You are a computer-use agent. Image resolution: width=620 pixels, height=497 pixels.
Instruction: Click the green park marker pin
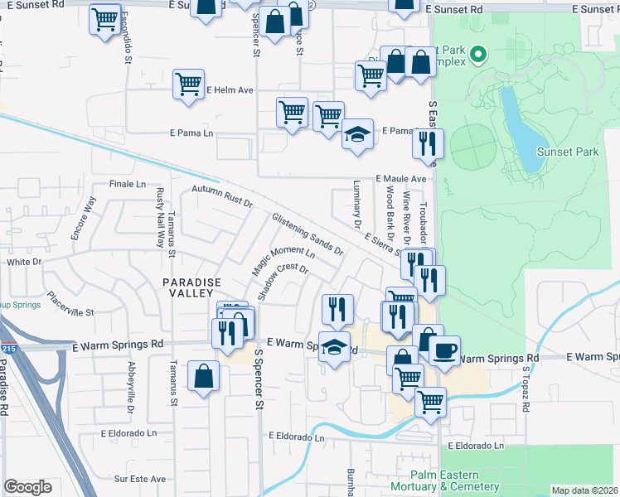click(477, 56)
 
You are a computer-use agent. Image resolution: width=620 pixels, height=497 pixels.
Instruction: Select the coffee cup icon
click(443, 351)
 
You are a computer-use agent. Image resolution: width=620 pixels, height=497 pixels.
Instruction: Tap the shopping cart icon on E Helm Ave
click(189, 84)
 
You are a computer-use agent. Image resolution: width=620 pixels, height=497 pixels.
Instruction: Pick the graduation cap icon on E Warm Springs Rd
click(335, 348)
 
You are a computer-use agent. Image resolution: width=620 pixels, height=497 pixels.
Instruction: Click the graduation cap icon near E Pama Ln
click(356, 134)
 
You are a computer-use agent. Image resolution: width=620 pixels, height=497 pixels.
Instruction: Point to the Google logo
click(28, 487)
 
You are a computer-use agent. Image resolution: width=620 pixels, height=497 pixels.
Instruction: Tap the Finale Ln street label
click(127, 184)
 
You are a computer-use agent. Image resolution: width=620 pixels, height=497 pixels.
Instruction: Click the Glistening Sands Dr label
click(307, 234)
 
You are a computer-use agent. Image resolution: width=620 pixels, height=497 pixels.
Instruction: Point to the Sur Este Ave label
click(140, 479)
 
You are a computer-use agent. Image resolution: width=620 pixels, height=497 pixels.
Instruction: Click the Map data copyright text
click(584, 490)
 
